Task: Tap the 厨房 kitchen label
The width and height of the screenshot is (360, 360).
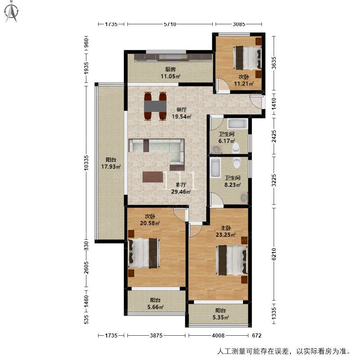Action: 171,69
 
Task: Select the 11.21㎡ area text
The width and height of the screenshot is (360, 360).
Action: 243,84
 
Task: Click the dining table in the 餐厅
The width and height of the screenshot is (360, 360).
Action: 155,106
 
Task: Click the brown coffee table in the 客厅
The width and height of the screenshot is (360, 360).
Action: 153,177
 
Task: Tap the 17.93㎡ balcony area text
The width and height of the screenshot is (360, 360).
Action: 111,166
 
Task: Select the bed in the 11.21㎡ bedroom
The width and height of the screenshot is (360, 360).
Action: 247,58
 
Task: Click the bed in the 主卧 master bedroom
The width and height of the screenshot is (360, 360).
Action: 232,260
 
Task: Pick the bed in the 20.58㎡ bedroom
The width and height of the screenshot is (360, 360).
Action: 144,253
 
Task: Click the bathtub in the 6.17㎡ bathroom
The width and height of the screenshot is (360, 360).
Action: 238,124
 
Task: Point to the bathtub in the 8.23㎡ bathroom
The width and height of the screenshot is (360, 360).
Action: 216,168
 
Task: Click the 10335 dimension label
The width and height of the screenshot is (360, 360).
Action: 86,163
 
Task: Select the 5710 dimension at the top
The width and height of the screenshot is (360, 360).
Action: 170,24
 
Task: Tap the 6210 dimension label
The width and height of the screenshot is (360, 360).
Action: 274,254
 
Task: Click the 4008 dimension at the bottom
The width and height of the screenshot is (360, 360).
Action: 218,335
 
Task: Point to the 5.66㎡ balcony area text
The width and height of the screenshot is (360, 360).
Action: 155,307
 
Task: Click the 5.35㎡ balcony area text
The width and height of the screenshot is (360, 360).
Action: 220,318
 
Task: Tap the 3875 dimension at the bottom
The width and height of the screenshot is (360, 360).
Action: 156,335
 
